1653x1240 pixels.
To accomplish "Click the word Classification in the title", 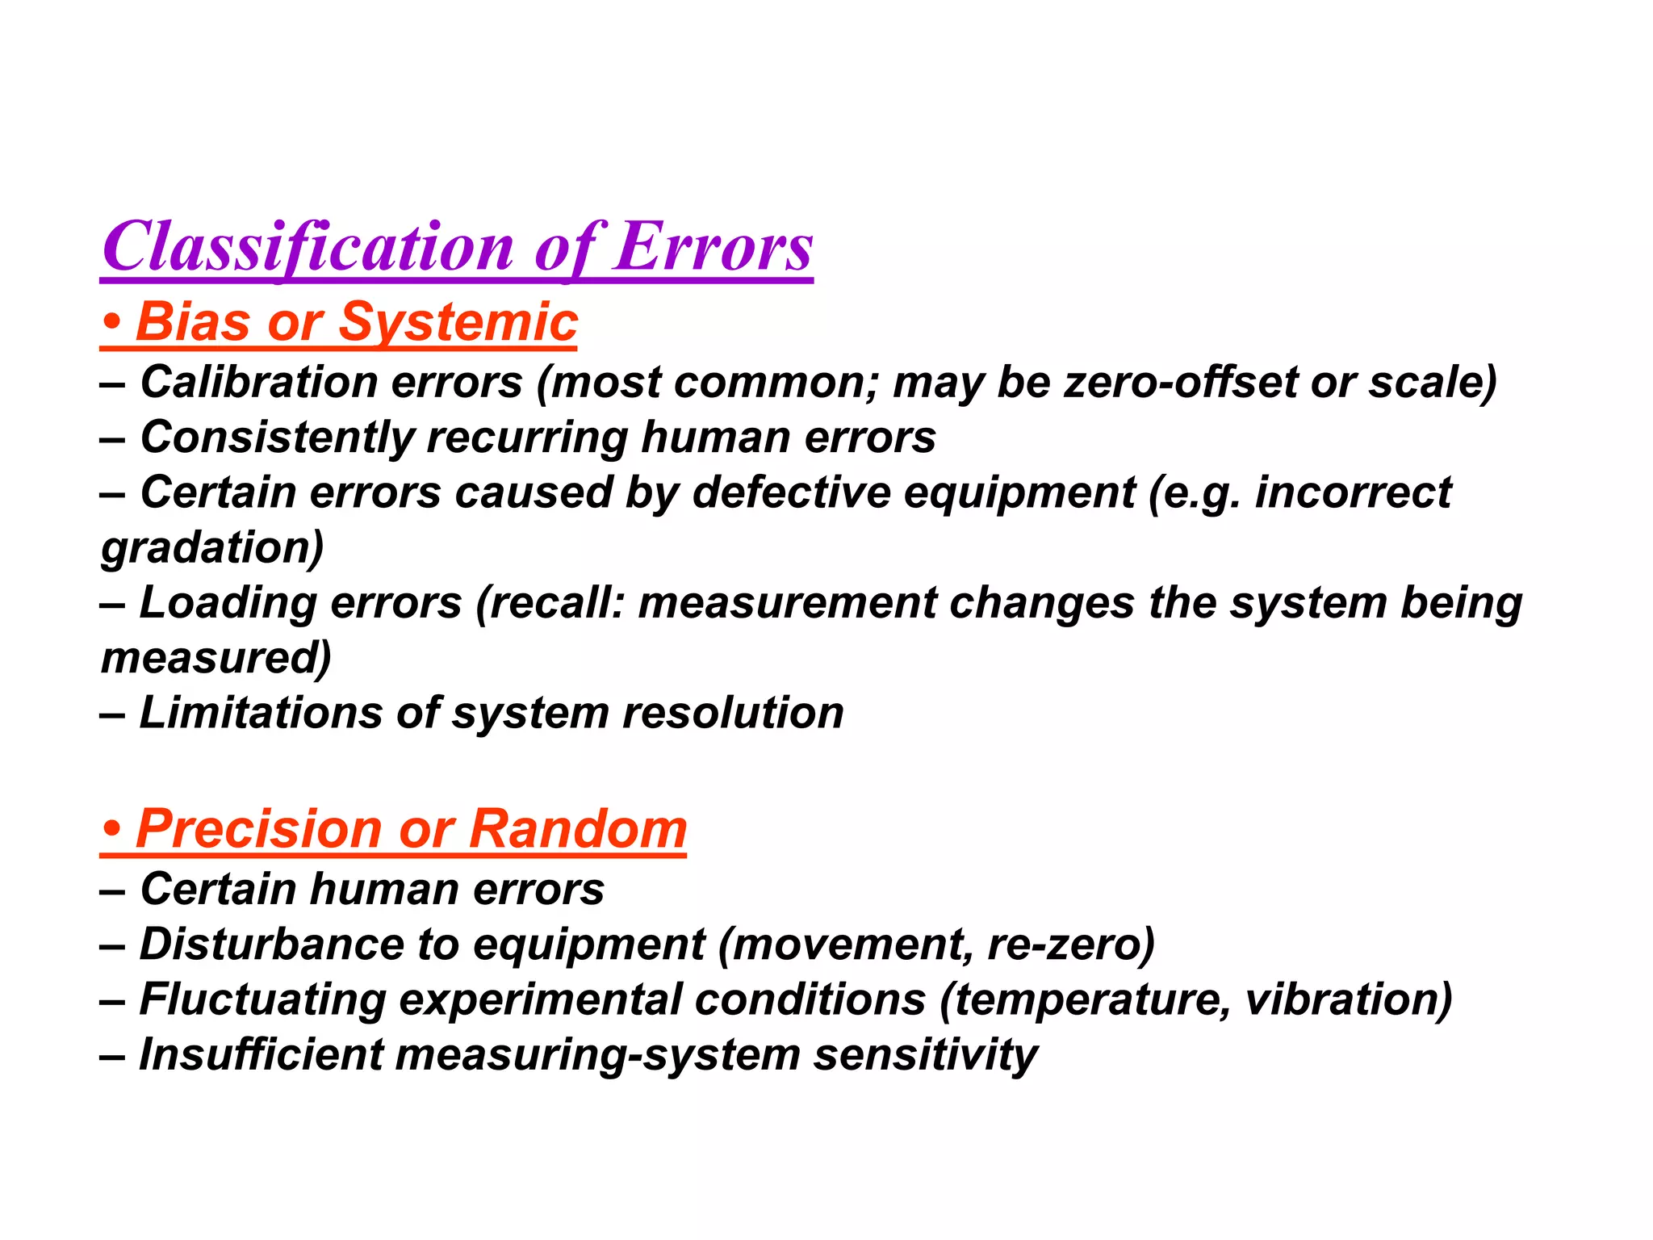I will coord(308,247).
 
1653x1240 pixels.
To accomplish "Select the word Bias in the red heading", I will coord(194,322).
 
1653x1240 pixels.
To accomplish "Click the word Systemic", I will coord(458,322).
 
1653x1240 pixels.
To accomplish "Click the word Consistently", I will coord(277,438).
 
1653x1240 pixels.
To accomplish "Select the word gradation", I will coord(211,548).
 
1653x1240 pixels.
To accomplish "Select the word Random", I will coord(578,829).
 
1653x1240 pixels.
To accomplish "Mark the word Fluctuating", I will coord(262,999).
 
